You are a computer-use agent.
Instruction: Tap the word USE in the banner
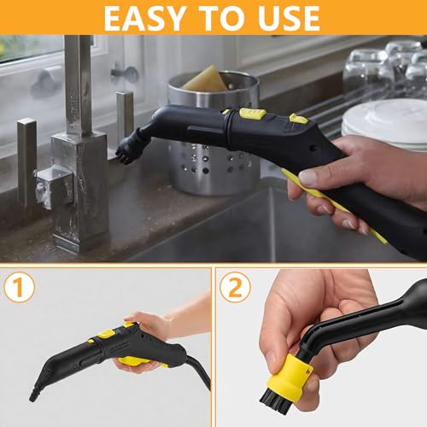(x=281, y=16)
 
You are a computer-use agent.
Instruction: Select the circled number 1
(x=19, y=287)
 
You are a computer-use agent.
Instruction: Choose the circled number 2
(x=234, y=287)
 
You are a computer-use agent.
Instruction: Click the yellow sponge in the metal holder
(x=204, y=79)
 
